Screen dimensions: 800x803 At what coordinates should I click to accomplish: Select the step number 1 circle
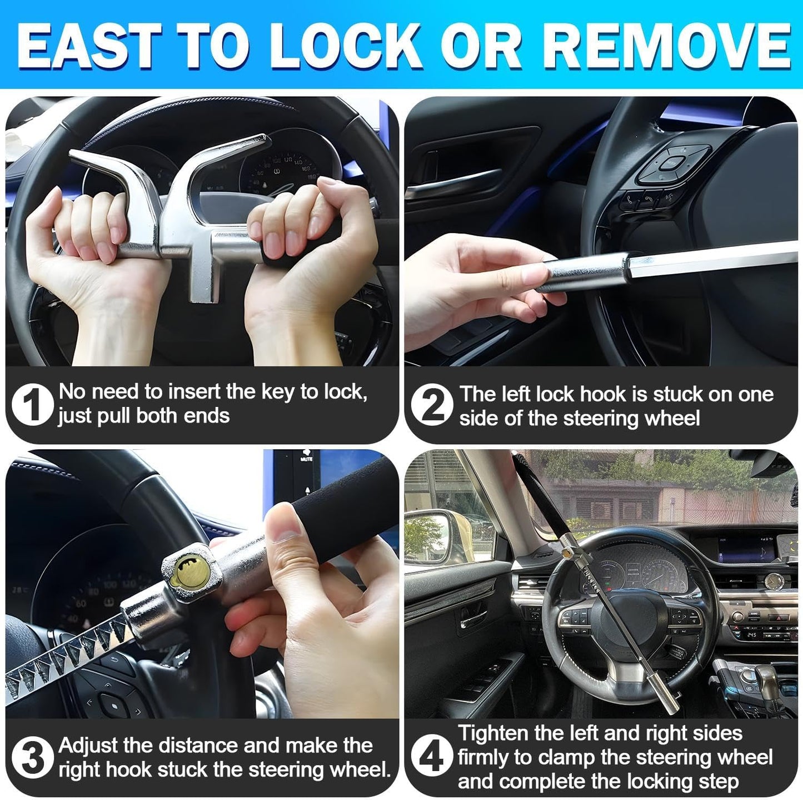pos(32,405)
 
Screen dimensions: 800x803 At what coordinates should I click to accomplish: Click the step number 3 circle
pos(32,758)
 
